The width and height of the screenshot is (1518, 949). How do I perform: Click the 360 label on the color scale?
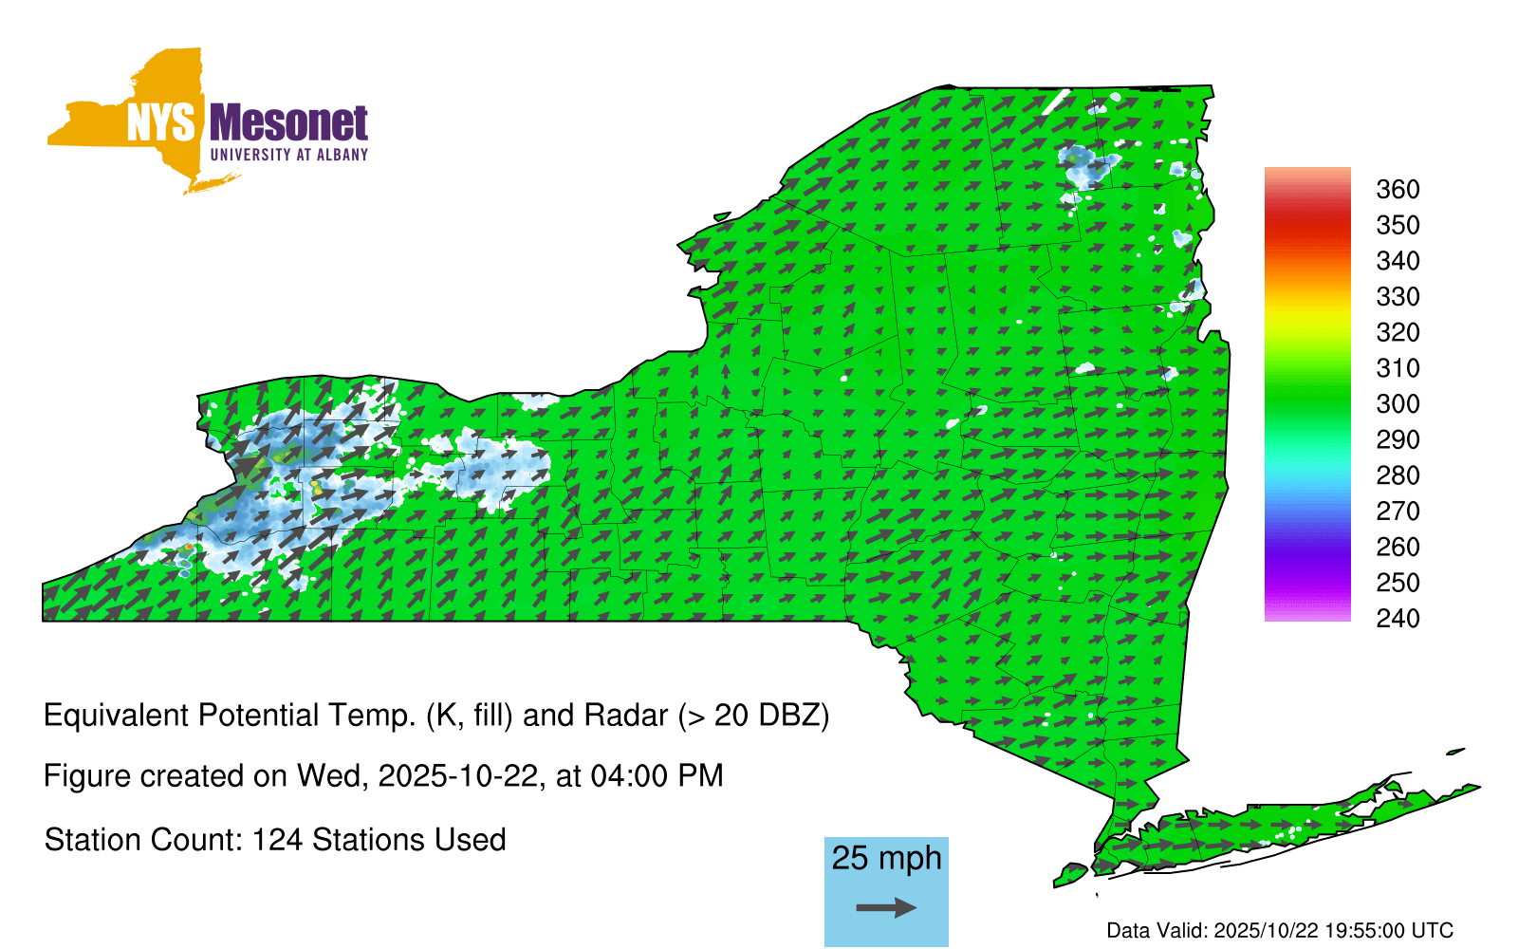coord(1398,189)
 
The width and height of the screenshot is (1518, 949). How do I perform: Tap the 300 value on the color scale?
coord(1398,404)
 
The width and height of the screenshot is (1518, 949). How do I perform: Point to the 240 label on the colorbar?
coord(1398,618)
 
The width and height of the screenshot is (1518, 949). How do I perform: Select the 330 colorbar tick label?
coord(1398,297)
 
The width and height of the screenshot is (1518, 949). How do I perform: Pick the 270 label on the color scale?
coord(1398,512)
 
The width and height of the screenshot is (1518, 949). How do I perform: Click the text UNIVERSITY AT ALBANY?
coord(288,155)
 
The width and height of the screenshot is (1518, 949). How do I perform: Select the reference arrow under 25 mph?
coord(886,907)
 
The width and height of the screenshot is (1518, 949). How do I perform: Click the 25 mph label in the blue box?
coord(886,858)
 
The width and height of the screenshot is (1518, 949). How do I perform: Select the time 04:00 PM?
coord(657,776)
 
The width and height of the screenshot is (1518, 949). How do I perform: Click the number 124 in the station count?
coord(276,840)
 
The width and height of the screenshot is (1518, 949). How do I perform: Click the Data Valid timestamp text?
coord(1280,931)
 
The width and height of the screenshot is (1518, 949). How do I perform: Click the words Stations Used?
coord(409,840)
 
